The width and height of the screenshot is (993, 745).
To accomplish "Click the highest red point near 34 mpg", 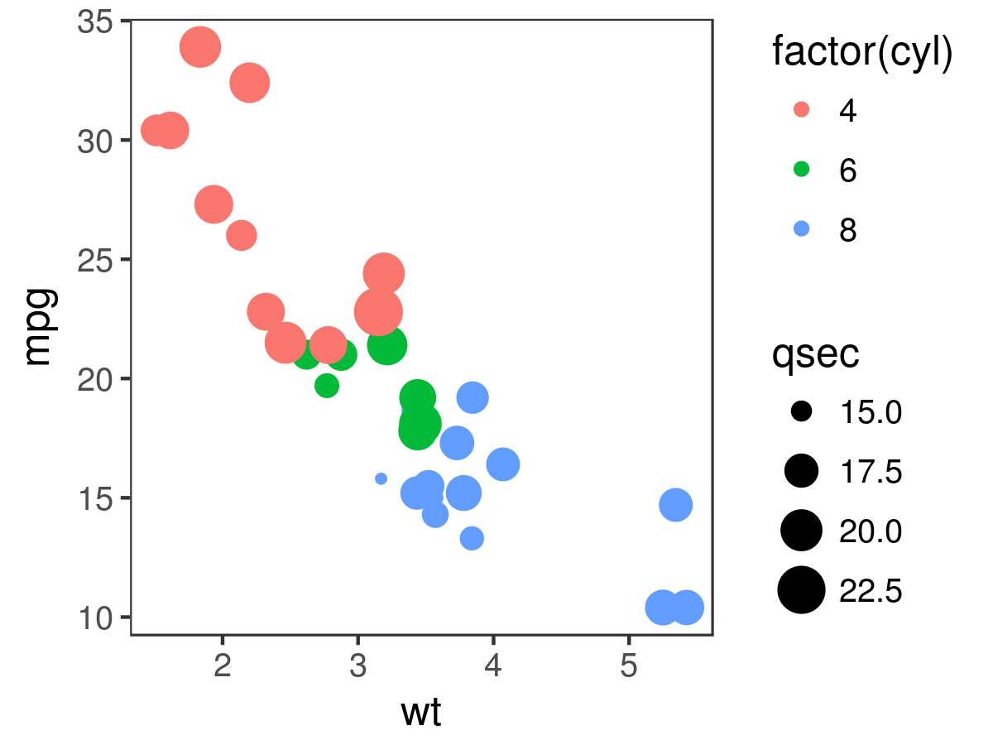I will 199,47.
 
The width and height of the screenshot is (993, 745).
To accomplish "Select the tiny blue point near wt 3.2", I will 381,478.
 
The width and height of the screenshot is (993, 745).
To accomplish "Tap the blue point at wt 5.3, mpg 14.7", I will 676,505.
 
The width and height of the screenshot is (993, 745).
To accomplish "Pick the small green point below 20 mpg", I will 327,385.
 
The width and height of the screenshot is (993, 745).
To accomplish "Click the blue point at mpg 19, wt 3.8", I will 473,397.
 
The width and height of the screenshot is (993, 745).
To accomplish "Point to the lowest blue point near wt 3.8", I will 472,538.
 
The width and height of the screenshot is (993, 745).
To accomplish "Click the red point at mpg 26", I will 241,236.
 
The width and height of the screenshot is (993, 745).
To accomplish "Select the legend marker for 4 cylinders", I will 801,109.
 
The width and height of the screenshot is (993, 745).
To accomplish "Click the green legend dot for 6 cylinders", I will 801,170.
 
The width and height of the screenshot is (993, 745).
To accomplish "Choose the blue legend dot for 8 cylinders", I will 801,229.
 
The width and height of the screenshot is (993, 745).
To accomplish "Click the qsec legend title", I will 815,354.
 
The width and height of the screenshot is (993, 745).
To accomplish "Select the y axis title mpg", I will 39,327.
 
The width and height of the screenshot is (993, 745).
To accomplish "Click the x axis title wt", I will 421,712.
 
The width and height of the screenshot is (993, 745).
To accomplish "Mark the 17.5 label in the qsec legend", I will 870,471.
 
